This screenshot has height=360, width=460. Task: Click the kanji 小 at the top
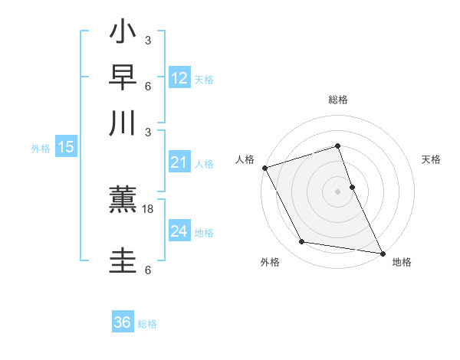pos(123,34)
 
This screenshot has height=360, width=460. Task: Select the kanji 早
pos(123,78)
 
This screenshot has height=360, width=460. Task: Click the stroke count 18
pos(148,208)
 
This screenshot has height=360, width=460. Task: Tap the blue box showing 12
pos(179,77)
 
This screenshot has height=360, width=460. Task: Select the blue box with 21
pos(179,162)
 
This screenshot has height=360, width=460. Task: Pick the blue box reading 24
pos(179,231)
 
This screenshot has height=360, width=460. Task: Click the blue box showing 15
pos(66,147)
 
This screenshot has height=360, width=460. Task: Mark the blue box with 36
pos(123,322)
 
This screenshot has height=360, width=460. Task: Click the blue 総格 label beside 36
pos(148,324)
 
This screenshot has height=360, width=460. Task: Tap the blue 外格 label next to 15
pos(41,149)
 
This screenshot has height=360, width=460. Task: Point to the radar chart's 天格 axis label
pos(431,159)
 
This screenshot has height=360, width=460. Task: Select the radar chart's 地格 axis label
pos(402,262)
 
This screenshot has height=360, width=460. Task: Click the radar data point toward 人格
pos(264,168)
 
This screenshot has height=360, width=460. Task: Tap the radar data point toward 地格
pos(382,252)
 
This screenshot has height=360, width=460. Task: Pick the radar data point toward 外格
pos(302,243)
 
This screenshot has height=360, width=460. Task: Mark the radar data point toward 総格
pos(337,146)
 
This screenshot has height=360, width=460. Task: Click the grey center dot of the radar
pos(337,191)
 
